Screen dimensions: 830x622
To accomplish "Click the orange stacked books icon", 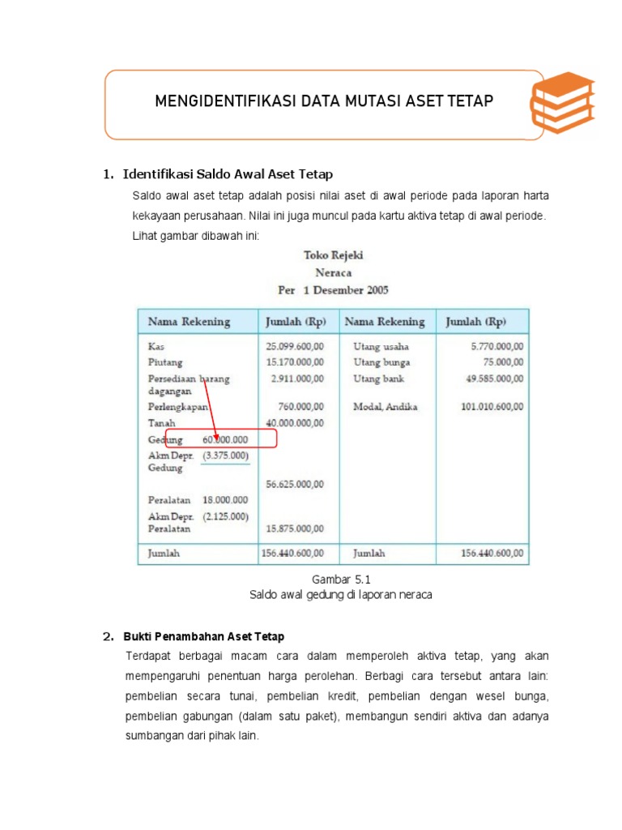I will [x=562, y=104].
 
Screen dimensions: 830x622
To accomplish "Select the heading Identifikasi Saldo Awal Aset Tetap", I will [x=228, y=174].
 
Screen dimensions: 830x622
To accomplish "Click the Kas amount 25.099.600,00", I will [x=295, y=346].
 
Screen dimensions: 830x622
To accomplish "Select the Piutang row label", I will [x=165, y=362].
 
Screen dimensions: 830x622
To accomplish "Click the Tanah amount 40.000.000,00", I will [x=295, y=423].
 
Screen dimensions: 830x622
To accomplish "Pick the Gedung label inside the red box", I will [x=166, y=439].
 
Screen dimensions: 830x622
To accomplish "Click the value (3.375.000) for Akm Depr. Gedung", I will [x=225, y=456].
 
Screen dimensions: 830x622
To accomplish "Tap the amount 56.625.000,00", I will [x=295, y=485].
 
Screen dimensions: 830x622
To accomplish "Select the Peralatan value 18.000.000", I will [x=225, y=501].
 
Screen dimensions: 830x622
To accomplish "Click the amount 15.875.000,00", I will [x=295, y=528].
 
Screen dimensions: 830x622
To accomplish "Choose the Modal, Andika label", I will [x=386, y=407].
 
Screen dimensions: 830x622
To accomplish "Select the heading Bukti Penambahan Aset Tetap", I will [x=203, y=636].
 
